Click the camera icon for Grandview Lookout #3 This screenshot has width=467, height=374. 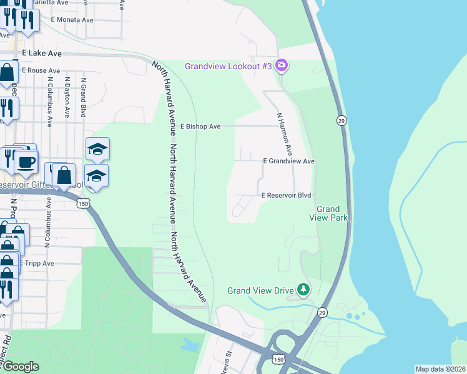tap(281, 65)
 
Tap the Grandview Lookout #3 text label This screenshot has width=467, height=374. tap(228, 66)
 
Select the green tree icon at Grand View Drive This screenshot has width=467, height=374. tap(303, 289)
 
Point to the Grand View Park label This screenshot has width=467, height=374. tap(328, 213)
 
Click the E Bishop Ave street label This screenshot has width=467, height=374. tap(200, 127)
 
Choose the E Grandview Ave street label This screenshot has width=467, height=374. tap(288, 161)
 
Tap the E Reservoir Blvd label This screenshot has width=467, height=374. tap(286, 195)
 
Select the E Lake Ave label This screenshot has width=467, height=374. tap(42, 54)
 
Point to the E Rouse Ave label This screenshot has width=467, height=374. tap(41, 70)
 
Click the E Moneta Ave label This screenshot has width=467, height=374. tap(72, 20)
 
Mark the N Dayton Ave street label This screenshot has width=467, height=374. tap(67, 97)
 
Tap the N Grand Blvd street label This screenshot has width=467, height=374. tap(82, 97)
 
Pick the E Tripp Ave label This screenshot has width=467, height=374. tap(38, 263)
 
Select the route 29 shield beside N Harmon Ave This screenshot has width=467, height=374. tap(340, 120)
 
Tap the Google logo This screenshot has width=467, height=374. tap(21, 367)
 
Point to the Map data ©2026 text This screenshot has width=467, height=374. tap(440, 369)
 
